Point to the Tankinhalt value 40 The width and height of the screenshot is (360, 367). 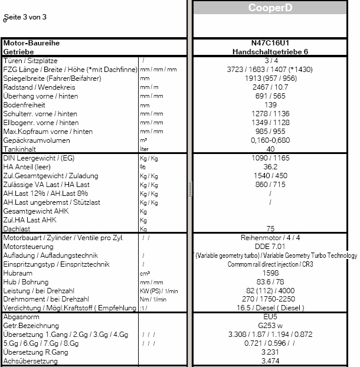[270, 149]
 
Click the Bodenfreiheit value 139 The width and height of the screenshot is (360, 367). [270, 104]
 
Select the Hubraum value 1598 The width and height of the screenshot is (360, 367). [270, 273]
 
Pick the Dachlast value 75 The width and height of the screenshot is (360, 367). [270, 228]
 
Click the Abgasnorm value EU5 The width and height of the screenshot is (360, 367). [270, 317]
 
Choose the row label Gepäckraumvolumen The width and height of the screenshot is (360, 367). [37, 140]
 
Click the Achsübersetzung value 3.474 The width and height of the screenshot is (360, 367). [270, 361]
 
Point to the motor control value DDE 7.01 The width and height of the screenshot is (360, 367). [270, 247]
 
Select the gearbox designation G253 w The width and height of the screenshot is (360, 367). [270, 325]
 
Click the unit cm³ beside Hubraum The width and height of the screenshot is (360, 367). [144, 274]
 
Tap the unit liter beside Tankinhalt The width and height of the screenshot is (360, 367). [144, 150]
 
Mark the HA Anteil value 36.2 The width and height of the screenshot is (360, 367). [270, 167]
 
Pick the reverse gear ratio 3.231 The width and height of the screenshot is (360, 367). [270, 352]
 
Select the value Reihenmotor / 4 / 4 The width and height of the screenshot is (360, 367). [270, 238]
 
